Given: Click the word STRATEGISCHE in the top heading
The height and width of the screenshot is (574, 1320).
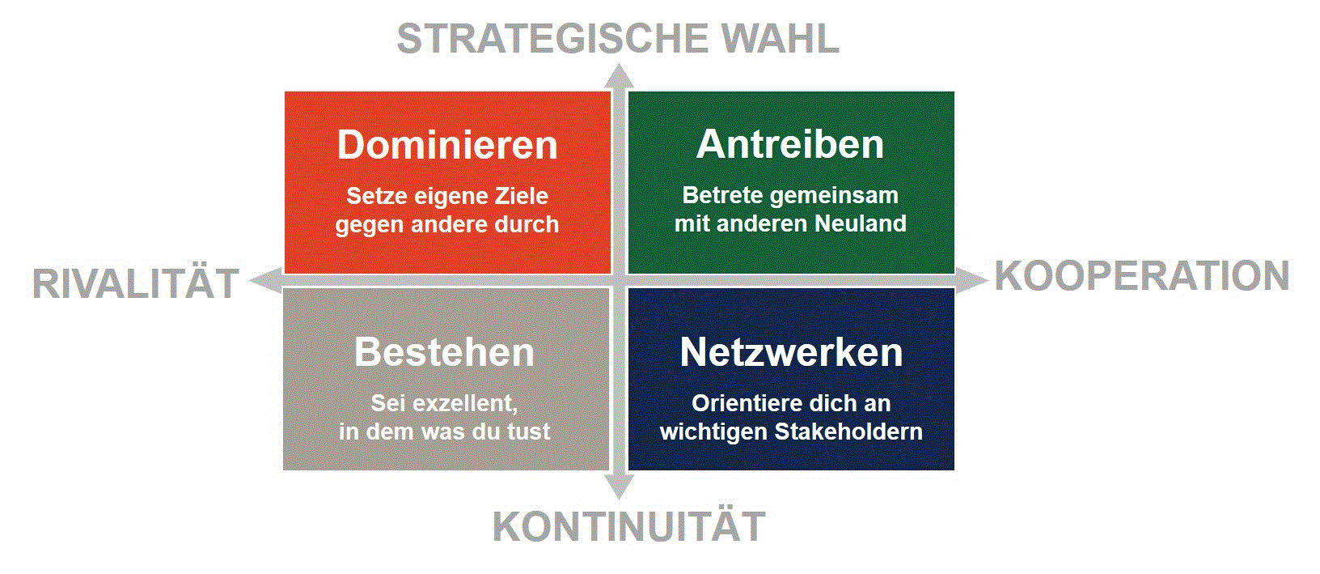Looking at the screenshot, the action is pyautogui.click(x=552, y=39).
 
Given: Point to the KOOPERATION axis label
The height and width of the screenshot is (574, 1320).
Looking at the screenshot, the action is pyautogui.click(x=1142, y=276).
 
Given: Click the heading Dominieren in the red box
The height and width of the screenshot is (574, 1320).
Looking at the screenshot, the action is pyautogui.click(x=447, y=145).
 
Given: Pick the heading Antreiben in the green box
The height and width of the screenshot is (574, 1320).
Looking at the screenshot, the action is pyautogui.click(x=790, y=144).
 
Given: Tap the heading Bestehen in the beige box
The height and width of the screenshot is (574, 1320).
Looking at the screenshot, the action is pyautogui.click(x=444, y=352).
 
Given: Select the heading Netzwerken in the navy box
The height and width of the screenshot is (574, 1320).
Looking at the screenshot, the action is pyautogui.click(x=791, y=352).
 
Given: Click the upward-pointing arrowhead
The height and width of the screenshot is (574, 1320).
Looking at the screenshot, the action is pyautogui.click(x=620, y=77).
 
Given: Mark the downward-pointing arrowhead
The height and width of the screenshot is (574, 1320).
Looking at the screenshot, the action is pyautogui.click(x=620, y=487).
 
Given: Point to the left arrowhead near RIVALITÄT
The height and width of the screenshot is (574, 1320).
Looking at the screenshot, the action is pyautogui.click(x=266, y=280).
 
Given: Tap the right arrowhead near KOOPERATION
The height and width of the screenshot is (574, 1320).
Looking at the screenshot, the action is pyautogui.click(x=971, y=280).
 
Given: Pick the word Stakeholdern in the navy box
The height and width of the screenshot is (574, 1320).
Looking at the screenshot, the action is pyautogui.click(x=848, y=432).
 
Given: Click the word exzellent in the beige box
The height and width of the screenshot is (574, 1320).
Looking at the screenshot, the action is pyautogui.click(x=465, y=404).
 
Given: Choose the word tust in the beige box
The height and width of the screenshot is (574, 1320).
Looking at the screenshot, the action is pyautogui.click(x=528, y=432).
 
